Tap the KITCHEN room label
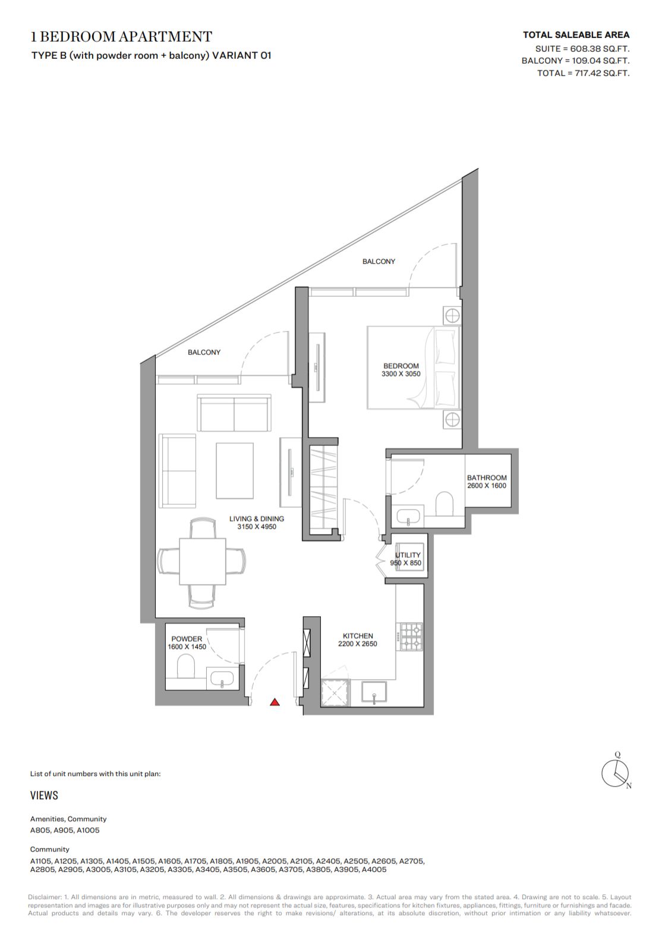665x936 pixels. [x=358, y=636]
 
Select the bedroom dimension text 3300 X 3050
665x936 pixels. [x=401, y=374]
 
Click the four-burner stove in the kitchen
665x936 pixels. [x=411, y=637]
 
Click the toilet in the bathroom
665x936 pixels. [x=445, y=504]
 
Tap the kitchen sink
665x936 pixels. [x=374, y=692]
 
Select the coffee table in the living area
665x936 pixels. [x=235, y=470]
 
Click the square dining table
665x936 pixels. [x=203, y=561]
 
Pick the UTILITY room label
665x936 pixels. [x=408, y=555]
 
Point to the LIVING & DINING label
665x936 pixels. [x=257, y=519]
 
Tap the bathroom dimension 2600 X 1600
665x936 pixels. [x=487, y=486]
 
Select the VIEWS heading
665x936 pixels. [x=44, y=795]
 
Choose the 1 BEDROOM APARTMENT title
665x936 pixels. [x=121, y=37]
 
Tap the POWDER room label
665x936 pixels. [x=186, y=639]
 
